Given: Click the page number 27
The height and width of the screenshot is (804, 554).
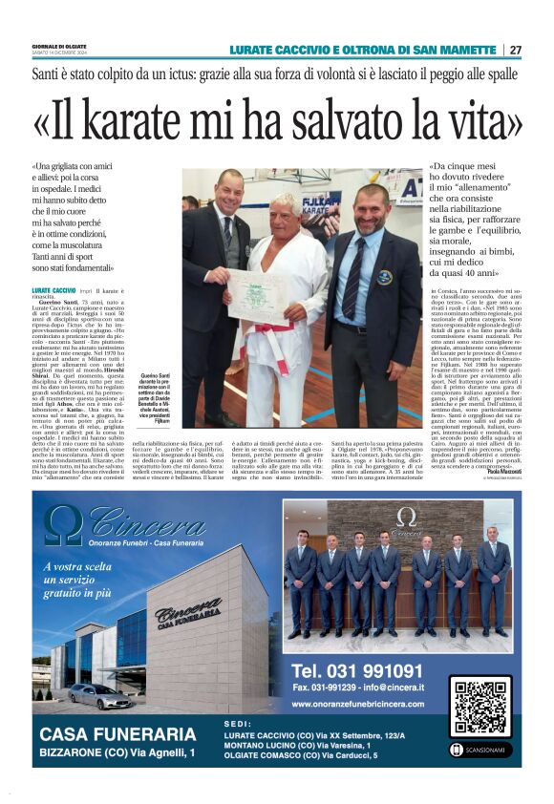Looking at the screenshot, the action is pos(516,50).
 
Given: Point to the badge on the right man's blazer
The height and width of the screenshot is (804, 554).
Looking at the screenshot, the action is pos(383,276).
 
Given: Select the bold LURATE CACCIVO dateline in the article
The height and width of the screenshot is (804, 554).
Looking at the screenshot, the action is pos(54,289).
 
